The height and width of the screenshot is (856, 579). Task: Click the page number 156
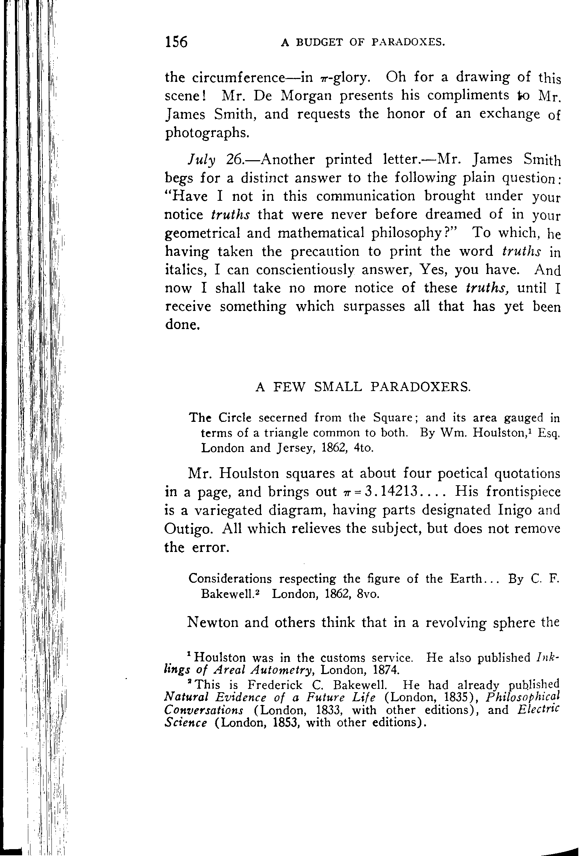tap(177, 42)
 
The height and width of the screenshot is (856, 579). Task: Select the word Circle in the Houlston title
tap(235, 418)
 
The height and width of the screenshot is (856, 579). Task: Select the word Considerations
tap(230, 579)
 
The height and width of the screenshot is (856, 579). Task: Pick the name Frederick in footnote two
tap(274, 685)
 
